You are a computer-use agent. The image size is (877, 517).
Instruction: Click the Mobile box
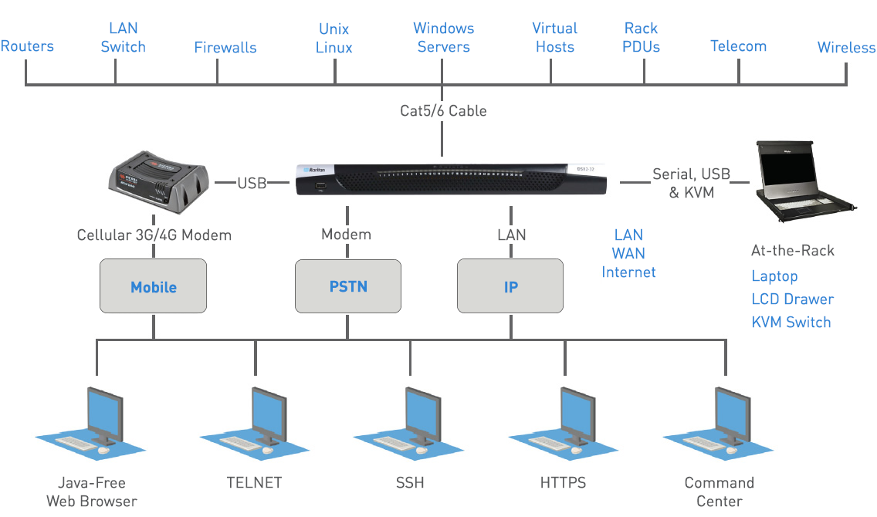(153, 286)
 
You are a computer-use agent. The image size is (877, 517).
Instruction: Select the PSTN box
(348, 286)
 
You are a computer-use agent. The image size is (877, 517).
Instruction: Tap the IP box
(510, 286)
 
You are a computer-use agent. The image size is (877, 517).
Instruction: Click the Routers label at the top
(27, 46)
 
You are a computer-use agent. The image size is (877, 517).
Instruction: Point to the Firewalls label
(225, 47)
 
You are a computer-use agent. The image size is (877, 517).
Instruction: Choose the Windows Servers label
(443, 38)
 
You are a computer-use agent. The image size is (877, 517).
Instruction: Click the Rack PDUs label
(642, 38)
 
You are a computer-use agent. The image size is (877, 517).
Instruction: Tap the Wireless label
(846, 47)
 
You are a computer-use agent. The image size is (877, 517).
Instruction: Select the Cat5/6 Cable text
(443, 110)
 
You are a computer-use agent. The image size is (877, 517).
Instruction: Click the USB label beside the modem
(252, 183)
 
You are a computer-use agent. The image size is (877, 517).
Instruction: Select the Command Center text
(719, 492)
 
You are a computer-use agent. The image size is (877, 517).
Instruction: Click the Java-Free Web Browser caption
(91, 492)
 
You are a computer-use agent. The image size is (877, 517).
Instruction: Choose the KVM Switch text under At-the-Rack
(791, 323)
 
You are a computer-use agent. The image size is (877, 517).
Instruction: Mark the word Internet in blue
(628, 272)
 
